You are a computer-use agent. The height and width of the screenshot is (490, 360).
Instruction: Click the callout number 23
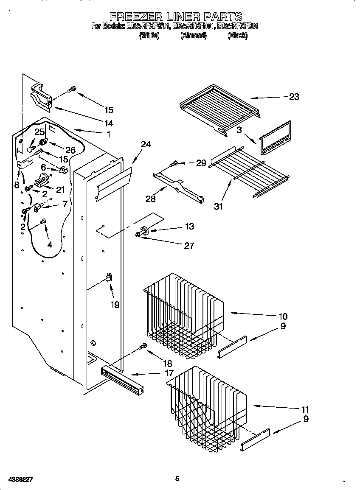[294, 97]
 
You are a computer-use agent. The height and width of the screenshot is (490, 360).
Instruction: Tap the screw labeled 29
[174, 163]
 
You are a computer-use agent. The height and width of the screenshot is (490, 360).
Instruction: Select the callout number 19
[115, 304]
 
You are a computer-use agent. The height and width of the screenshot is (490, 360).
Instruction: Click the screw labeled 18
[143, 347]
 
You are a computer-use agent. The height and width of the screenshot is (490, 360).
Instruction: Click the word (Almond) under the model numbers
[193, 36]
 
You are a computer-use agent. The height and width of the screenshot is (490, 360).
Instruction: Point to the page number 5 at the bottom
[177, 479]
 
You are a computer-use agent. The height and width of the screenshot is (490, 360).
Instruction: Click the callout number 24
[145, 144]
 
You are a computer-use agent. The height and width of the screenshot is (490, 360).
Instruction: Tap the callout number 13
[189, 227]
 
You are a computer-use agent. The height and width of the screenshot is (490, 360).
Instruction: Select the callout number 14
[109, 123]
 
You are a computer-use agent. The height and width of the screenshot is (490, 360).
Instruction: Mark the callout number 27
[189, 246]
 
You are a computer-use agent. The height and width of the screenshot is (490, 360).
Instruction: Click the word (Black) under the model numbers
[237, 36]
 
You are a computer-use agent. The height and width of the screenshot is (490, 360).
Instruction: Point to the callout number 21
[60, 190]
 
